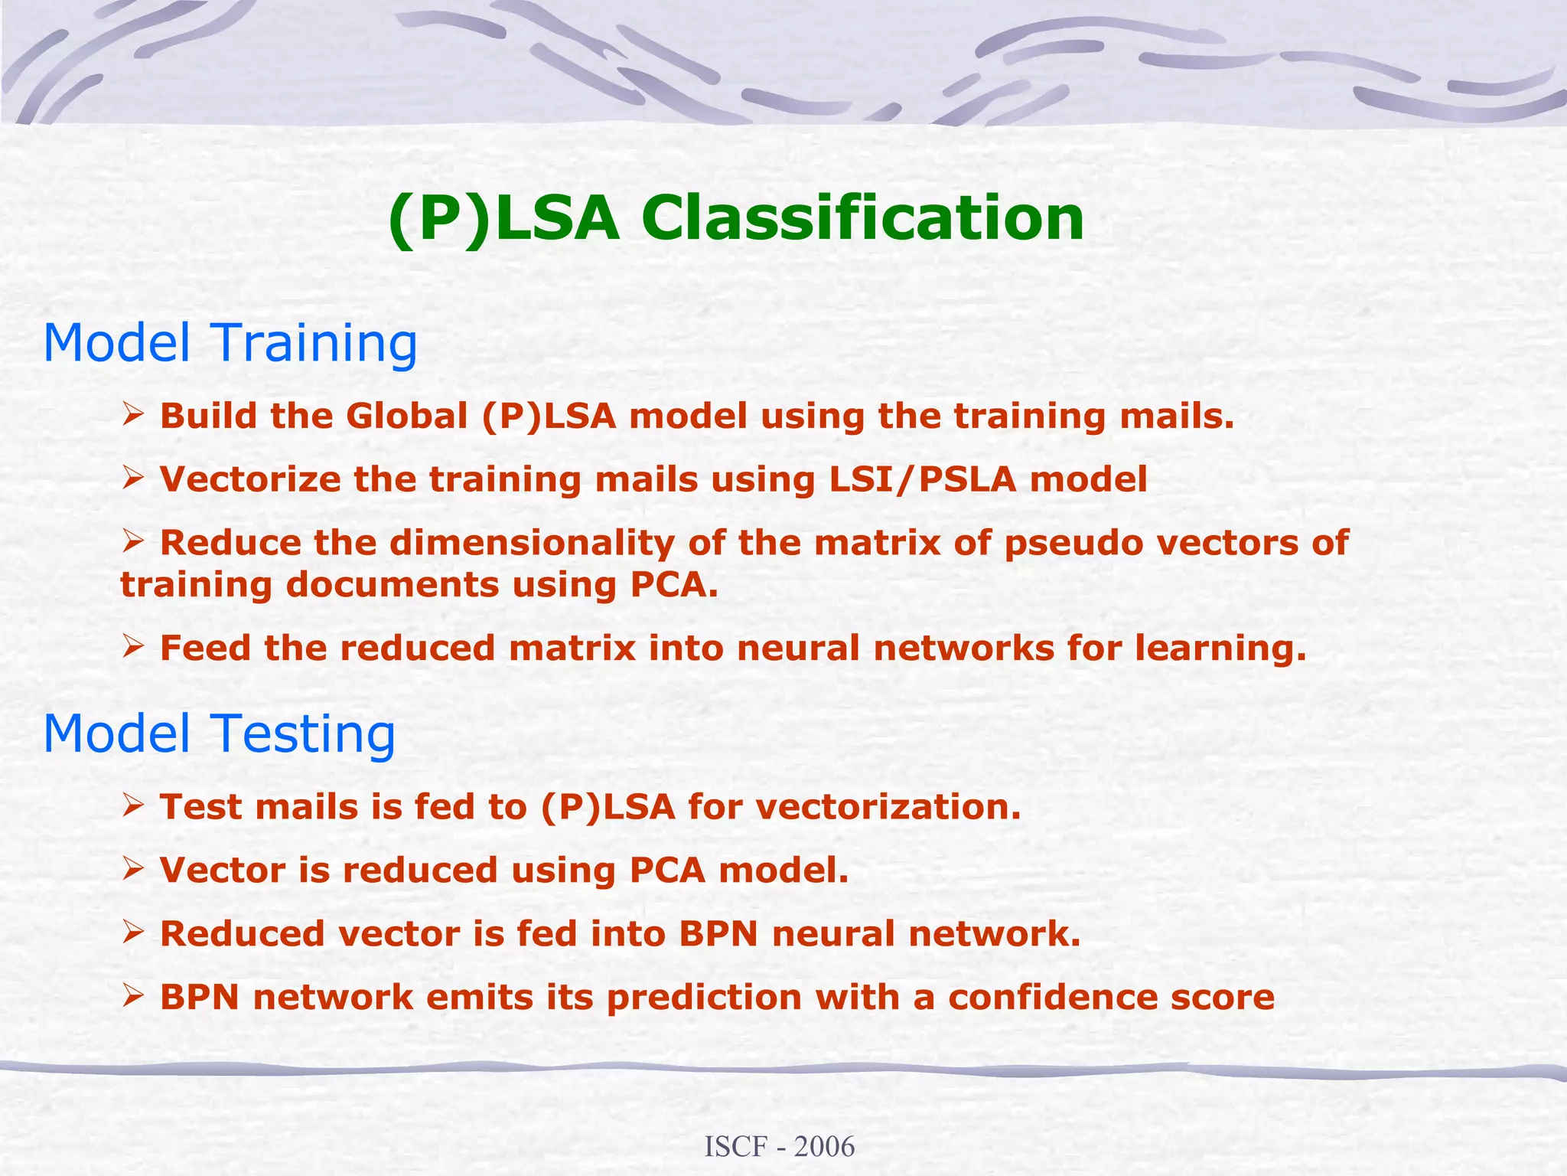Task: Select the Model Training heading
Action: (x=230, y=343)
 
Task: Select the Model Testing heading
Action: (x=220, y=733)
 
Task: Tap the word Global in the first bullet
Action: (x=406, y=416)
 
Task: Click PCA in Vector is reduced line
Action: (x=666, y=871)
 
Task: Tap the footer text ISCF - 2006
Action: (x=779, y=1147)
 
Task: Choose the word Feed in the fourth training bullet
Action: (x=204, y=648)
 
